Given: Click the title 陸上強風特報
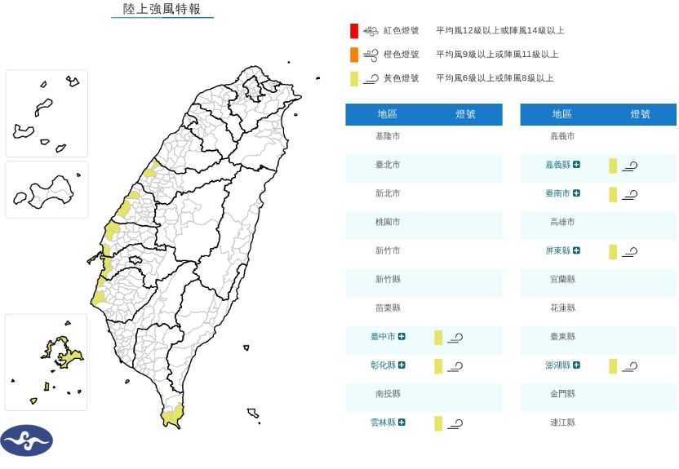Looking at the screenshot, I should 162,9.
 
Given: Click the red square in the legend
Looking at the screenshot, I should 353,31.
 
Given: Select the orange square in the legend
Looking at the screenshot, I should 353,55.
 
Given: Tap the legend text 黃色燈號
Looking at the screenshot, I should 401,78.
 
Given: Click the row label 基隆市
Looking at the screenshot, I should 388,136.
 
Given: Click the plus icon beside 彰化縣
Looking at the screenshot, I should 402,365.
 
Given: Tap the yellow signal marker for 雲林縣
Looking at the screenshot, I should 438,423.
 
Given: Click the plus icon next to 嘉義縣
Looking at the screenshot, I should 576,165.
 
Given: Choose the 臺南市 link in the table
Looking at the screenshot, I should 558,193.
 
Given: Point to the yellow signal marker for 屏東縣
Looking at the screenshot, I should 613,251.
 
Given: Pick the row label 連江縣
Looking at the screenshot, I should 562,423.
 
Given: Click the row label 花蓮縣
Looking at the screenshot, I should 562,308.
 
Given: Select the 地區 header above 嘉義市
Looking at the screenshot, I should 562,114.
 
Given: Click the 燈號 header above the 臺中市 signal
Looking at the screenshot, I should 465,114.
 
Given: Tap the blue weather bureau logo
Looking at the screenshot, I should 27,440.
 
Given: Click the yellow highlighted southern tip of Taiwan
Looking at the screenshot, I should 171,417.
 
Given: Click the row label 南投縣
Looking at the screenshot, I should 388,394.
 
